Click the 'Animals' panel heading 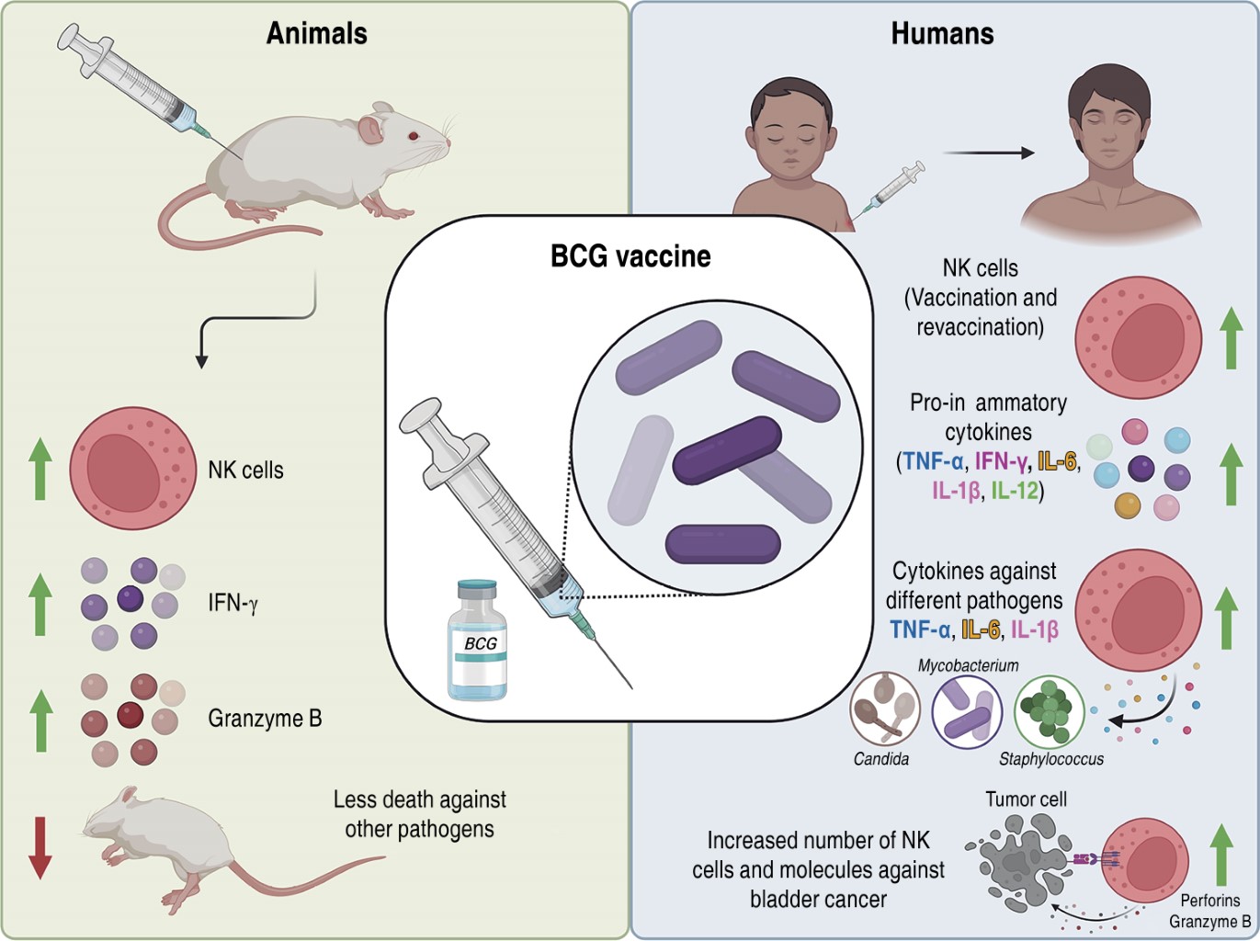coord(316,34)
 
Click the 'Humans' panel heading coord(942,34)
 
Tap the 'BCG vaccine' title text coord(630,255)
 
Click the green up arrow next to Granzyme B coord(40,720)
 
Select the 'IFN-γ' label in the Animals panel coord(233,604)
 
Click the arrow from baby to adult coord(988,153)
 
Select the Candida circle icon coord(885,709)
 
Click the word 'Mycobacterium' coord(968,665)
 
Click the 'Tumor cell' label coord(1026,799)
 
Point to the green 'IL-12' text coord(1015,491)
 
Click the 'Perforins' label coord(1209,901)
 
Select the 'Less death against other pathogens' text coord(419,814)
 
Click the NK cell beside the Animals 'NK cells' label coord(132,468)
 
